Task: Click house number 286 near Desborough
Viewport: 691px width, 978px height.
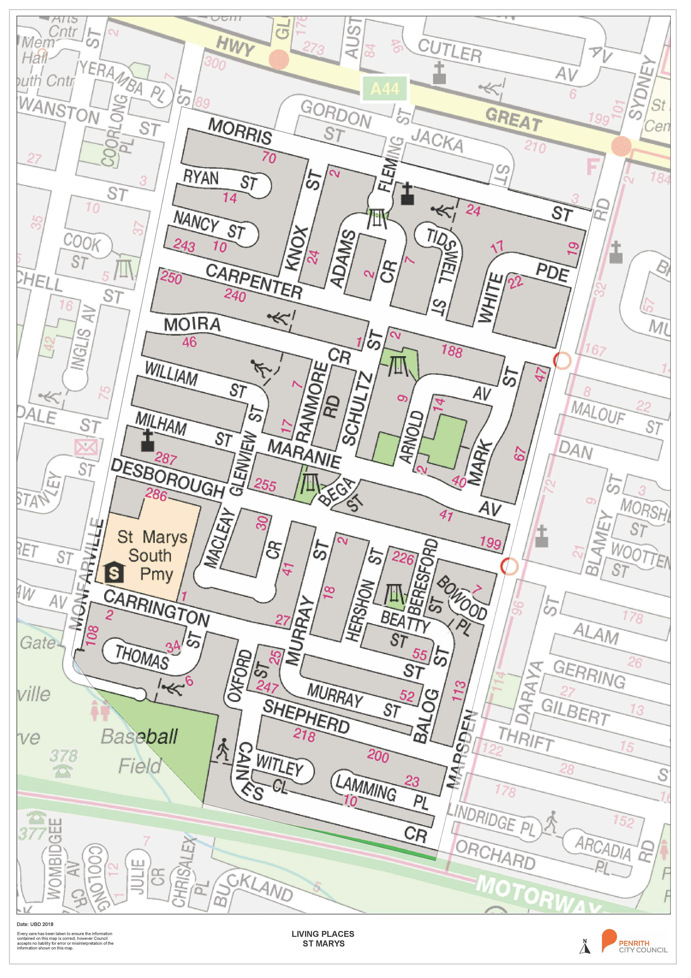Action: point(156,495)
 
